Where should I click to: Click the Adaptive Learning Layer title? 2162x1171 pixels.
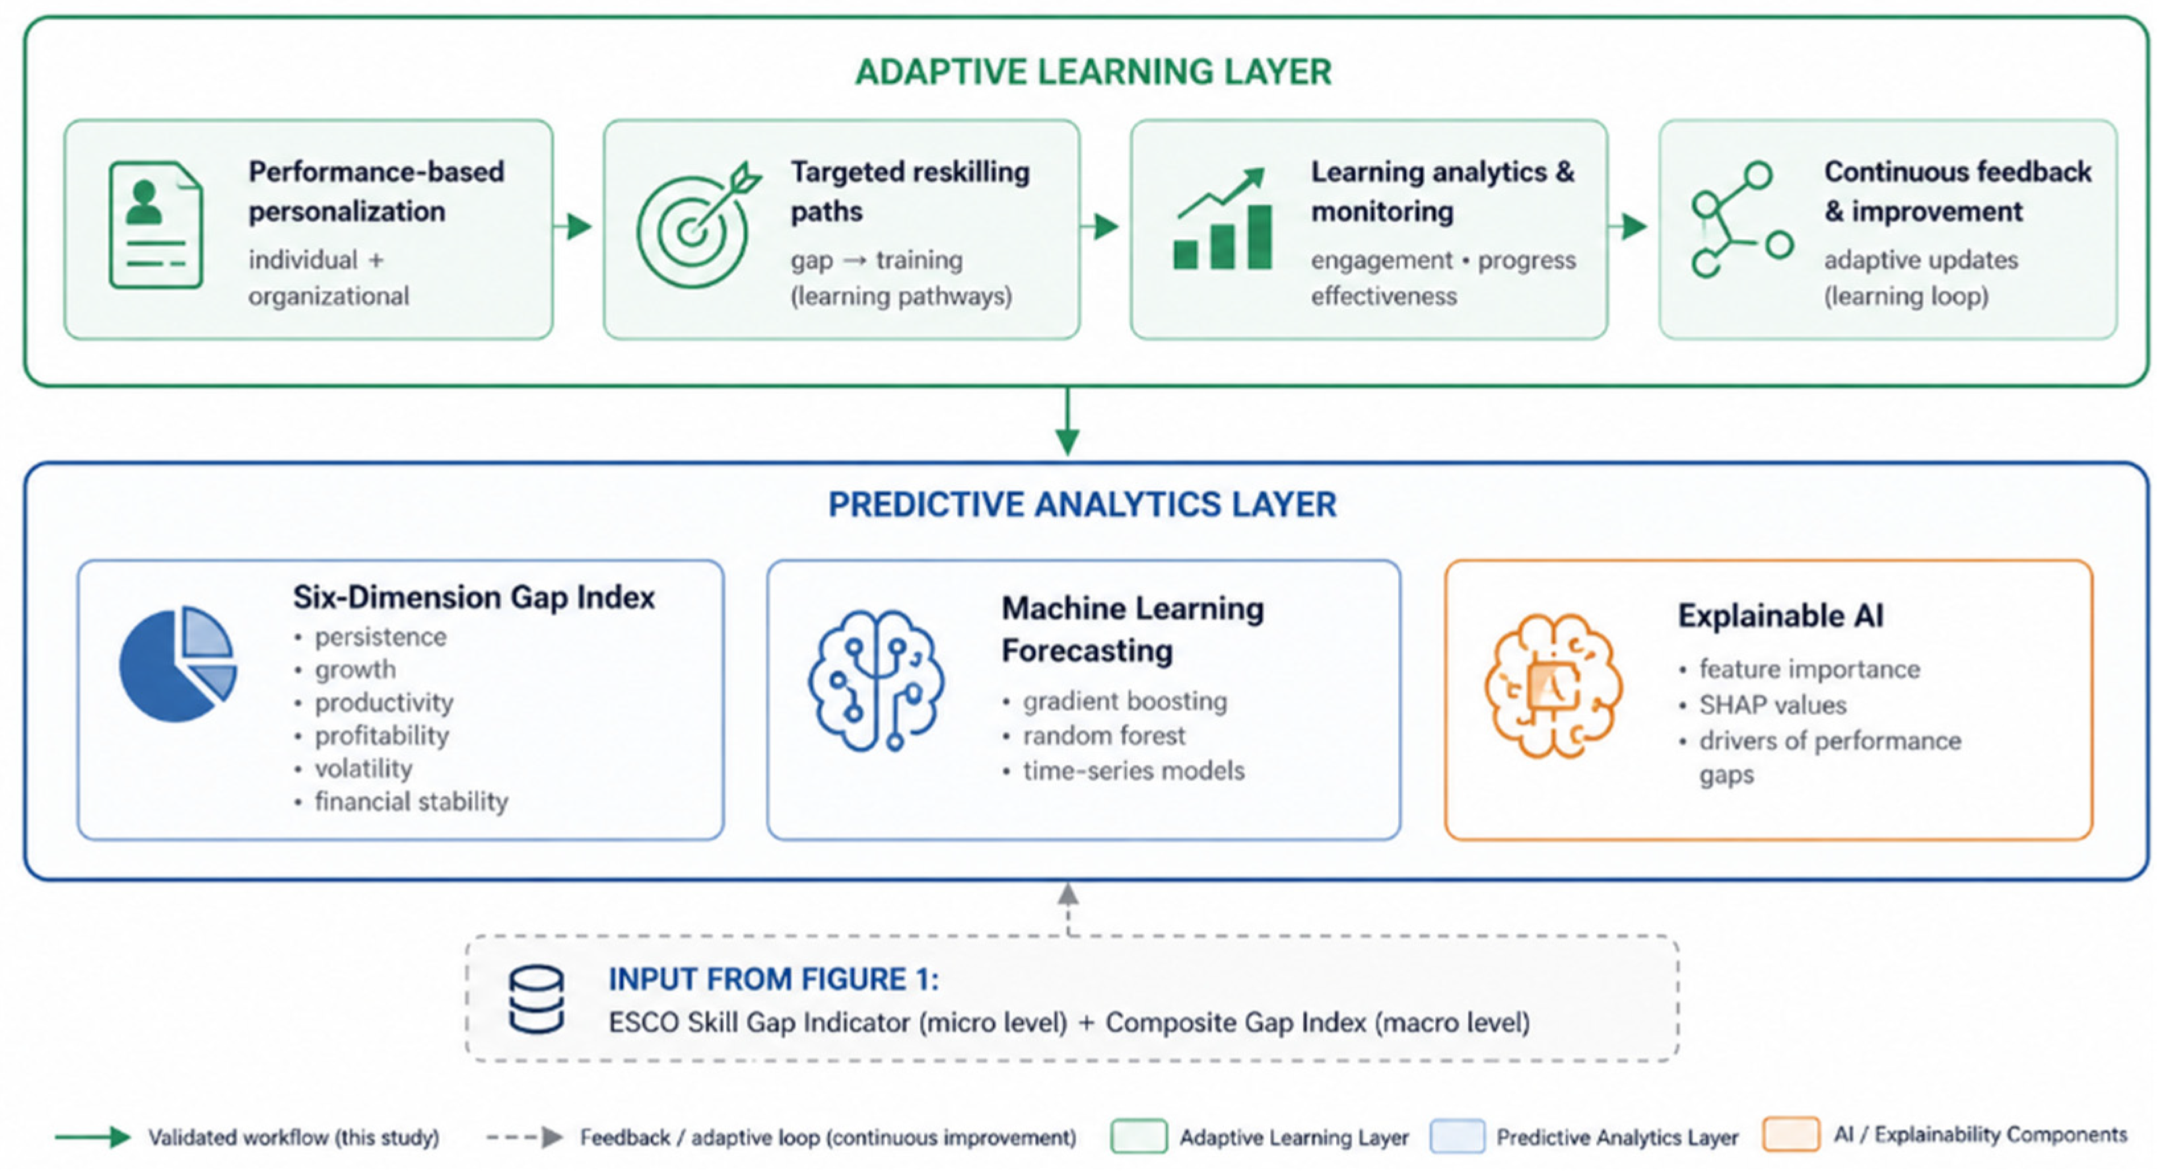click(1093, 72)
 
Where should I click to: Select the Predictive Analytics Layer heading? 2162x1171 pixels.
click(1082, 505)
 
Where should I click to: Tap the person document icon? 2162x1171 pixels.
click(156, 225)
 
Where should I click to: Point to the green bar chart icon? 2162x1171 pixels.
click(1222, 219)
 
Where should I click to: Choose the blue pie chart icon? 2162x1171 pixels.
click(178, 664)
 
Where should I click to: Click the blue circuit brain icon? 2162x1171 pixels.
click(875, 680)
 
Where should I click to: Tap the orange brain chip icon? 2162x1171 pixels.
click(1553, 686)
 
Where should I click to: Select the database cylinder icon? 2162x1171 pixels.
click(536, 999)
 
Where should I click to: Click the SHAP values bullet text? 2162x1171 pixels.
click(1773, 705)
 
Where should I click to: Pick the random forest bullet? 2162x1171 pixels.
click(1104, 736)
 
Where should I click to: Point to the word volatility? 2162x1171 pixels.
click(363, 769)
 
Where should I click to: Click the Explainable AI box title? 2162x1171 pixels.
click(1781, 616)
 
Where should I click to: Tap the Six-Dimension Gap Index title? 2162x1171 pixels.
click(474, 598)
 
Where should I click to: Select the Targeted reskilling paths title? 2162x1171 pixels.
click(910, 192)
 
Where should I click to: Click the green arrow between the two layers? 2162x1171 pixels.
click(1067, 421)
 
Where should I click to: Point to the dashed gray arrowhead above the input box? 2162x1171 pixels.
click(1067, 894)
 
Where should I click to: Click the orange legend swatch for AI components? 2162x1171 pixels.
click(1791, 1136)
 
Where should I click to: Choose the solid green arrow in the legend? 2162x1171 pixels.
click(93, 1137)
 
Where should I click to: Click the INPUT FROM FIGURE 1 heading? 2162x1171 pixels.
click(774, 979)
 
